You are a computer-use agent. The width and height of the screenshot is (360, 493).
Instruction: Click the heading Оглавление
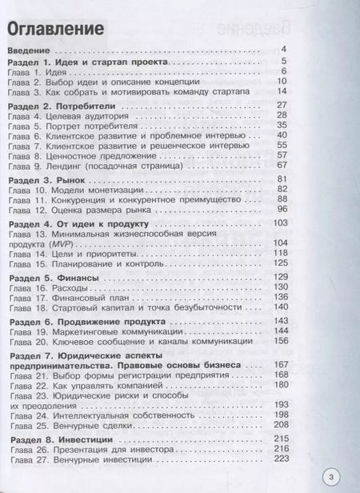tap(58, 30)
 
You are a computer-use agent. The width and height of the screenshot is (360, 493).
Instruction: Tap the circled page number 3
tap(335, 469)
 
